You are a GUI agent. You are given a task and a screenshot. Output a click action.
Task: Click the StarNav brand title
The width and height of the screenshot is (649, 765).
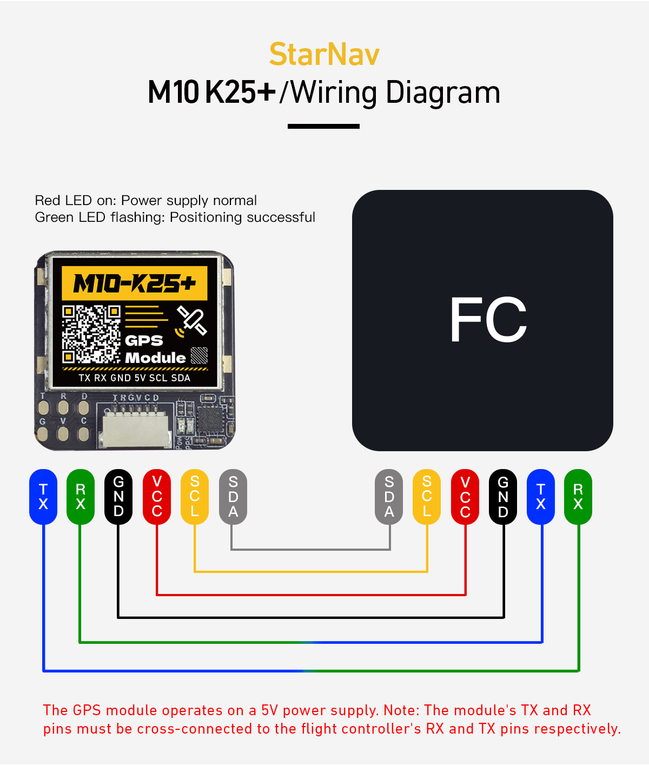tap(325, 54)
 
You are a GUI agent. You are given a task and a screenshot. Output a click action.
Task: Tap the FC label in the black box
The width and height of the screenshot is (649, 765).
tap(488, 320)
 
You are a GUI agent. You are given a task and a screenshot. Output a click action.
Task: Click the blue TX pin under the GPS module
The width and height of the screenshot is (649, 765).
tap(43, 497)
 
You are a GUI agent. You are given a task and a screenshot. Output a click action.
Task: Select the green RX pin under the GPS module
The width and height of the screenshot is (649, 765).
tap(81, 497)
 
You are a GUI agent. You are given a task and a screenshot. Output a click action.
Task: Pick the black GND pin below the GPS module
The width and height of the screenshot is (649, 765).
tap(118, 497)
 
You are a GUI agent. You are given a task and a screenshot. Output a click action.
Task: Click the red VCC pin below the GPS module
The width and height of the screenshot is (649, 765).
tap(157, 497)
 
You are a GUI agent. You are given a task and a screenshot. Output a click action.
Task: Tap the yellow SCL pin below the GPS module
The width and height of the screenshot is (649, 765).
tap(195, 497)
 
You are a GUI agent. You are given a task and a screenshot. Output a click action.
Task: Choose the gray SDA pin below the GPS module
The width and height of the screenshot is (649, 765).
tap(233, 497)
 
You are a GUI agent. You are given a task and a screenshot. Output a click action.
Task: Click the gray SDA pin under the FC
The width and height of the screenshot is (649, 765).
tap(389, 497)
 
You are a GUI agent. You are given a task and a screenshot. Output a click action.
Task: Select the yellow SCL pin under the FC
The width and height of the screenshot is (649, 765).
tap(427, 497)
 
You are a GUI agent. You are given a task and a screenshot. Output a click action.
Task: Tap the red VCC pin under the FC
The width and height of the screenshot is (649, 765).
tap(465, 497)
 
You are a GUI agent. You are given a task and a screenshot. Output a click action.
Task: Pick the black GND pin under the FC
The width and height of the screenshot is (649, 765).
tap(503, 497)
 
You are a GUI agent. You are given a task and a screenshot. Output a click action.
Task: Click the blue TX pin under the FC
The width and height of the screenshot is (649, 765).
tap(541, 497)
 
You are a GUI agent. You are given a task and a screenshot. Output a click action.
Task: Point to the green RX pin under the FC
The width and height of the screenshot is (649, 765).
tap(578, 497)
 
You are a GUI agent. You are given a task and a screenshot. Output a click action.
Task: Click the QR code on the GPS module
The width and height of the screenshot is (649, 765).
tap(91, 334)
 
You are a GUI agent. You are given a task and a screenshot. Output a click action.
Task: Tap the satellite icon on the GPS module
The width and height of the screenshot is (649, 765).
tap(191, 320)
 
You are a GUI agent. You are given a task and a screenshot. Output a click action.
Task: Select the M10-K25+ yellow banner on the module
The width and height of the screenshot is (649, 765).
tap(135, 283)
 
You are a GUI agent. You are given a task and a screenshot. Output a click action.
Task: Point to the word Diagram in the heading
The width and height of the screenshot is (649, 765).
tap(443, 93)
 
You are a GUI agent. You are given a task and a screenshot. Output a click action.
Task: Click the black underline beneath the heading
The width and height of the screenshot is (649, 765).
tap(323, 126)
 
